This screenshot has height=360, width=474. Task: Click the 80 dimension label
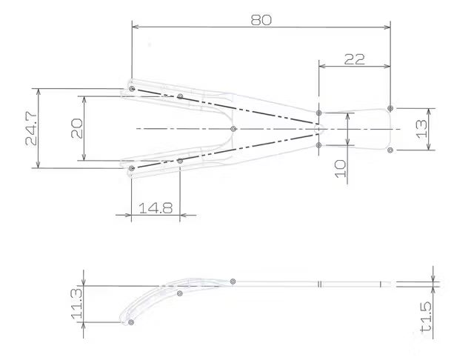pos(261,20)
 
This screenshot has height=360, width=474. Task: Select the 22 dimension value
pos(354,59)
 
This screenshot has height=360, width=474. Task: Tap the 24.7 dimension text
pos(31,128)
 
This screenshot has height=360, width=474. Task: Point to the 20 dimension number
pos(77,128)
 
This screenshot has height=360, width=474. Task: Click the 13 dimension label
pos(421,129)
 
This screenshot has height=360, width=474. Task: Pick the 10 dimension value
pos(341,169)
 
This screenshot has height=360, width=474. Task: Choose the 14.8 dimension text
pos(156,208)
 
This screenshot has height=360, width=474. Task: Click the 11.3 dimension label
pos(76,304)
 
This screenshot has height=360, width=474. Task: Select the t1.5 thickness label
pos(426,317)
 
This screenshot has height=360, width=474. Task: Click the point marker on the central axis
pos(233,129)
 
